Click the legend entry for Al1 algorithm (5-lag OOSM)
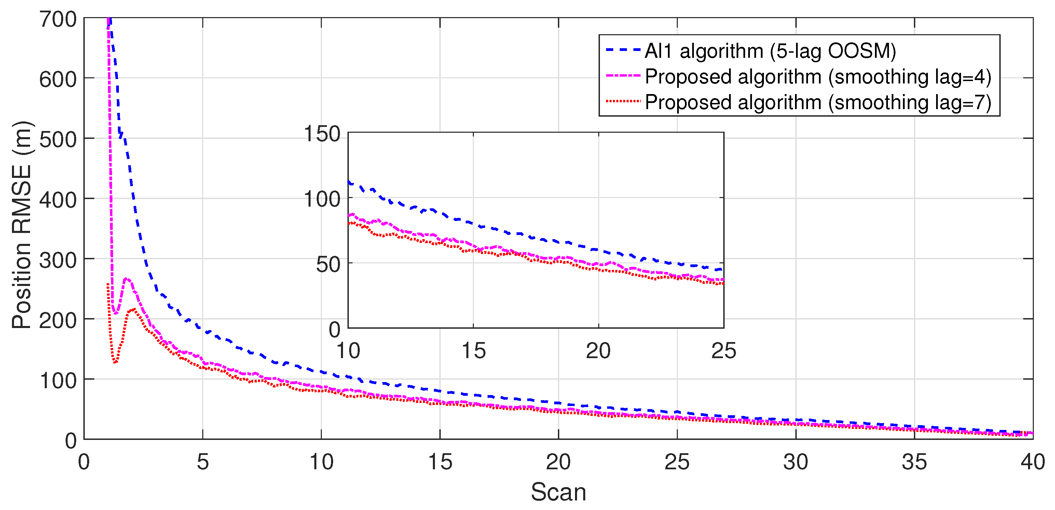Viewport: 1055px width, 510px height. [770, 51]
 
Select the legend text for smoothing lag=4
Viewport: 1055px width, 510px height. [818, 77]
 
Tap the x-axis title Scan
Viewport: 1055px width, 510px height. [558, 492]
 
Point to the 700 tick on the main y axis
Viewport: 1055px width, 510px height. [58, 19]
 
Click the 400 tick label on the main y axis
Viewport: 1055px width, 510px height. [58, 200]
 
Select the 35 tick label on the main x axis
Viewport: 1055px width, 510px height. [914, 462]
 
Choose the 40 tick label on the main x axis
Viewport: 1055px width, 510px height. [1032, 462]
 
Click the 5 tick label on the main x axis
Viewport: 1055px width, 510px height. [203, 462]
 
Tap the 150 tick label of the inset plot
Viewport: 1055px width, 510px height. [322, 134]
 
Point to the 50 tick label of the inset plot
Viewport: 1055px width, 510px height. [328, 264]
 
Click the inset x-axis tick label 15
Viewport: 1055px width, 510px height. [474, 351]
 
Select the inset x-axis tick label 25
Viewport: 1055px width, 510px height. [724, 351]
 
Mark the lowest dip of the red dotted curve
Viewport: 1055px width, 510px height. [115, 363]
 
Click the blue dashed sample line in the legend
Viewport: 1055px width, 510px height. [622, 50]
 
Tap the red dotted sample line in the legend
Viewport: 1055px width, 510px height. [622, 101]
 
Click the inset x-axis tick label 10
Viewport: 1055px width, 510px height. [348, 351]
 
